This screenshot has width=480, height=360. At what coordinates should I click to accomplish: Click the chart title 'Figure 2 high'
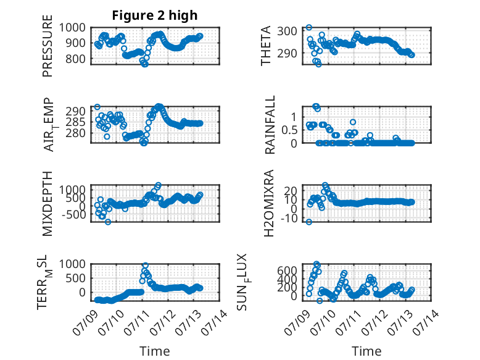pos(155,15)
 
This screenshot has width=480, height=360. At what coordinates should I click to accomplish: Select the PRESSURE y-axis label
pos(48,46)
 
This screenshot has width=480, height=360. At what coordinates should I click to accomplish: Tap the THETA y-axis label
pos(266,46)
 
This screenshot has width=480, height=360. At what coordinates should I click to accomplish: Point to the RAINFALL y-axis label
pos(270,125)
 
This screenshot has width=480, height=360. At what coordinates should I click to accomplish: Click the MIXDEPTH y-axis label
pos(48,204)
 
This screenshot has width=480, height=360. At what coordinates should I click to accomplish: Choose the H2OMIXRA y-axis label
pos(268,203)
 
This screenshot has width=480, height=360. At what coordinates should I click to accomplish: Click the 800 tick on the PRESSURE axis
pos(75,59)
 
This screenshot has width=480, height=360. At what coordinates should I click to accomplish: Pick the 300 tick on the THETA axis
pos(287,31)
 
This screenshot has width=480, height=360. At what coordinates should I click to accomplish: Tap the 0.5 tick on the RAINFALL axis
pos(289,130)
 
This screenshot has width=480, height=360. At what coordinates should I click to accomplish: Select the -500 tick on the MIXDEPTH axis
pos(74,214)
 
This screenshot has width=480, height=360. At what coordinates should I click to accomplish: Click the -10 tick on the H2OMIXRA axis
pos(289,219)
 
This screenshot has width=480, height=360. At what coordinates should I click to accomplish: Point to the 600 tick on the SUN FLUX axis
pos(287,270)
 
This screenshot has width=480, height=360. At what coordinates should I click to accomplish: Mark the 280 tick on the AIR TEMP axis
pos(75,133)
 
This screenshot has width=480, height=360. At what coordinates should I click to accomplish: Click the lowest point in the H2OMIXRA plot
pos(309,222)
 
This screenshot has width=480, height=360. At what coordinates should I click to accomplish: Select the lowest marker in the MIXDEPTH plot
pos(108,222)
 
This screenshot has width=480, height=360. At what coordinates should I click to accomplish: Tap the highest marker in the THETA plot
pos(309,27)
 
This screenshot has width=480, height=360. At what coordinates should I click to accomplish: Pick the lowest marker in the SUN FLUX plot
pos(320,301)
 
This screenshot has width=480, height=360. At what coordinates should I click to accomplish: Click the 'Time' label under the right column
pos(366,351)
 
